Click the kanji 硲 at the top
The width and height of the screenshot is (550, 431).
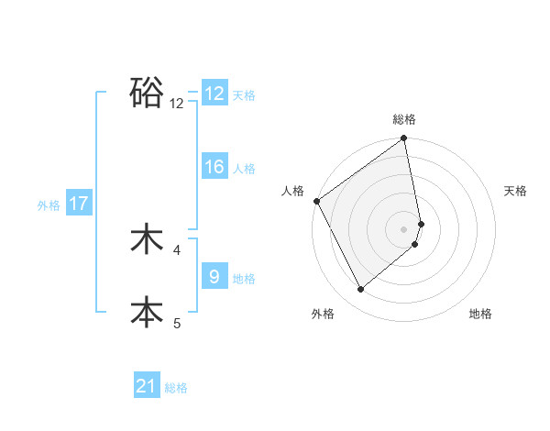(x=147, y=92)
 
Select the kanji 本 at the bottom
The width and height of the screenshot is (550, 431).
(x=147, y=312)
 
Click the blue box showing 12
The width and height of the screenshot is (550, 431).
(x=214, y=94)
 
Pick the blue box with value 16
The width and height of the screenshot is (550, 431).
(x=214, y=167)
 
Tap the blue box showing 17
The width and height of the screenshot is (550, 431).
(x=79, y=204)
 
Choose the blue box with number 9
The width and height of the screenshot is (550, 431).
(x=214, y=276)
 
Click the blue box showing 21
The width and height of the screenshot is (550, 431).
(x=147, y=386)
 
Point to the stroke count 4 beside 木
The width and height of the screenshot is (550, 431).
(x=177, y=249)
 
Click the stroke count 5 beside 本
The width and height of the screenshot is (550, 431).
(x=177, y=323)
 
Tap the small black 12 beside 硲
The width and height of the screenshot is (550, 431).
(x=177, y=104)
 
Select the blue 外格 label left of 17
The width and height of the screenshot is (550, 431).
(x=49, y=205)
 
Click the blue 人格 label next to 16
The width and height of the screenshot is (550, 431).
(x=244, y=169)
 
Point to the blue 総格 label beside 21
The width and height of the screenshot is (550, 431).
(x=176, y=388)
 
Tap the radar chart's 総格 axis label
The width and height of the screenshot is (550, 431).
(x=404, y=119)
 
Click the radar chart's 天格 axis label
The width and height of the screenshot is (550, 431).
(x=515, y=191)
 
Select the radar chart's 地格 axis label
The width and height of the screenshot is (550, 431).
(x=480, y=314)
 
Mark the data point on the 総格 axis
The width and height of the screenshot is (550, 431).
(x=404, y=139)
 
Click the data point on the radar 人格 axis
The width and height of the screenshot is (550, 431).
(x=317, y=201)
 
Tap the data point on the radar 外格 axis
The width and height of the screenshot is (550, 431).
(x=361, y=290)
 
